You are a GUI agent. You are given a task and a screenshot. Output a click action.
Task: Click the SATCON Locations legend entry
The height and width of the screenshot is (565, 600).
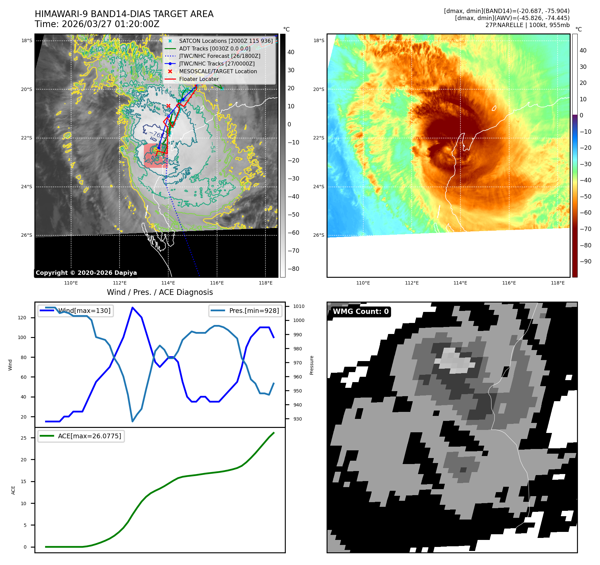tap(226, 41)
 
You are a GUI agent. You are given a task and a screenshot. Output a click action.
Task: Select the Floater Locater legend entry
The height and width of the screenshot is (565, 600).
tap(199, 79)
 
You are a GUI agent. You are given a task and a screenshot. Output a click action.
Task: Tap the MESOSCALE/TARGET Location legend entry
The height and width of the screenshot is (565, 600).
tap(218, 71)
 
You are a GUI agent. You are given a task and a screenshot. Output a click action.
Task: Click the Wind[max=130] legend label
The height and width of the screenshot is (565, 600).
tap(84, 311)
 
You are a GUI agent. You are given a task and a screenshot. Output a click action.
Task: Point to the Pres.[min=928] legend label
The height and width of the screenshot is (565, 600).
tap(254, 311)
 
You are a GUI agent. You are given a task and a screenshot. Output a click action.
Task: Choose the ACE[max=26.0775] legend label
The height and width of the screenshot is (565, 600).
tap(89, 436)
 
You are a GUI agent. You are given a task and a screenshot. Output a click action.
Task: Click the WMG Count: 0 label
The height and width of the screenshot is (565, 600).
tap(361, 312)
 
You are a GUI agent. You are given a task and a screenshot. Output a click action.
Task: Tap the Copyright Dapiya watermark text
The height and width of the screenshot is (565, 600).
tap(86, 273)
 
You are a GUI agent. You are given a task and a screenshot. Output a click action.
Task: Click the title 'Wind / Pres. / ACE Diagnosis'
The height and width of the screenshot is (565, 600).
tap(160, 292)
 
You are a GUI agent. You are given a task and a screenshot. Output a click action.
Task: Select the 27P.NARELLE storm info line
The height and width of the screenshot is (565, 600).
tap(527, 25)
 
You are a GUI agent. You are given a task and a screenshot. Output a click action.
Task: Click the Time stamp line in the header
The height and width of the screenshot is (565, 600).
tap(97, 24)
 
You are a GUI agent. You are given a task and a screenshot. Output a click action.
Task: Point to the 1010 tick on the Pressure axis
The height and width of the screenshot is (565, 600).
tap(298, 306)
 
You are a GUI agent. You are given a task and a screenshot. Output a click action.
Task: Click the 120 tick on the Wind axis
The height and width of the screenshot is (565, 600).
tap(22, 318)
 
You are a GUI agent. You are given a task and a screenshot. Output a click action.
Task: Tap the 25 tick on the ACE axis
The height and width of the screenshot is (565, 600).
tap(23, 438)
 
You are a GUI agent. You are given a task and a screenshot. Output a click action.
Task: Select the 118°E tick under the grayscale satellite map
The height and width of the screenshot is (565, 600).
tap(265, 283)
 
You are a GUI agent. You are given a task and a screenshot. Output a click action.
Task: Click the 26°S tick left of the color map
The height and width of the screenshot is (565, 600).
tap(319, 235)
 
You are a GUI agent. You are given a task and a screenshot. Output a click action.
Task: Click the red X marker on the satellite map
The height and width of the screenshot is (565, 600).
tap(168, 106)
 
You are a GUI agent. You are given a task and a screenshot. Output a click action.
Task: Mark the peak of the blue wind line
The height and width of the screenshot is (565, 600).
tap(133, 307)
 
